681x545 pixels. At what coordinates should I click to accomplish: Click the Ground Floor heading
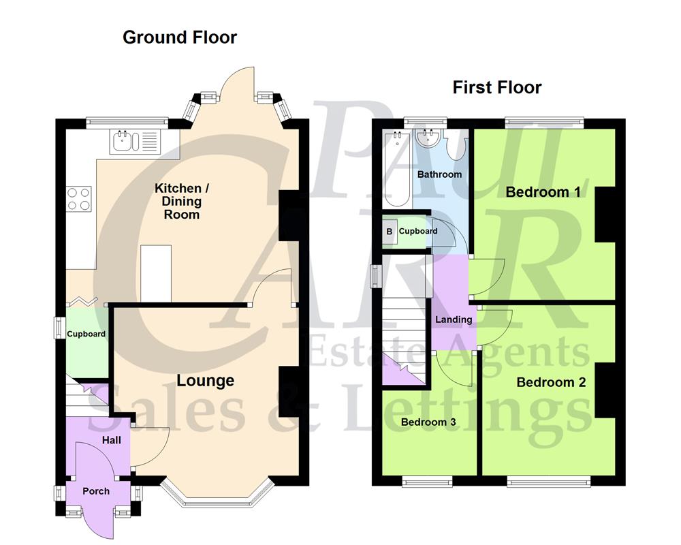pyautogui.click(x=179, y=37)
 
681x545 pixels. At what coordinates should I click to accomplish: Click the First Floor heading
pyautogui.click(x=497, y=87)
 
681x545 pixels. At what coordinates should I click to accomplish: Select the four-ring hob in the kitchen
pyautogui.click(x=79, y=198)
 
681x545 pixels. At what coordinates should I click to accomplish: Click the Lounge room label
pyautogui.click(x=206, y=381)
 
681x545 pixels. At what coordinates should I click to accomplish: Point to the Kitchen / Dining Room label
pyautogui.click(x=178, y=201)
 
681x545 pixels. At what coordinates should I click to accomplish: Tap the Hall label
pyautogui.click(x=111, y=440)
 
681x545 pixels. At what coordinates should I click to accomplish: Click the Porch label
pyautogui.click(x=95, y=490)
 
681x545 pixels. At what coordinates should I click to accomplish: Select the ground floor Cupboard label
pyautogui.click(x=86, y=334)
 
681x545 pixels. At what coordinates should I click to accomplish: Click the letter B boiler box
pyautogui.click(x=390, y=232)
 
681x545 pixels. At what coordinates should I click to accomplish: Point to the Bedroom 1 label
pyautogui.click(x=543, y=192)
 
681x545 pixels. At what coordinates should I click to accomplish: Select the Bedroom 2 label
pyautogui.click(x=551, y=382)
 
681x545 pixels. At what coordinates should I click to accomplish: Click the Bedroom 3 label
pyautogui.click(x=428, y=422)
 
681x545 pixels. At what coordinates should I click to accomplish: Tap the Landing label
pyautogui.click(x=454, y=320)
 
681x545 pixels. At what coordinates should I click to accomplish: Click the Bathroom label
pyautogui.click(x=439, y=174)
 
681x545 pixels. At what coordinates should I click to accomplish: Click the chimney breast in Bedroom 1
pyautogui.click(x=605, y=214)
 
